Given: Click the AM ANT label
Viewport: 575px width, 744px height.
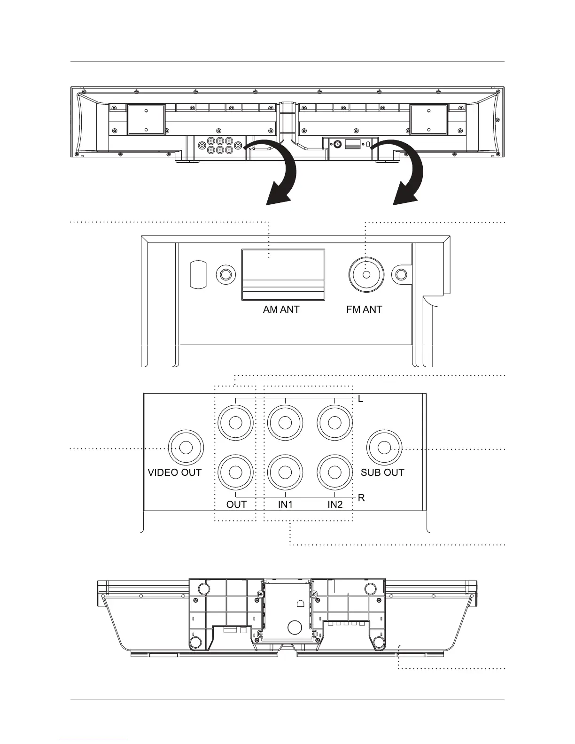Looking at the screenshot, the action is pyautogui.click(x=281, y=310).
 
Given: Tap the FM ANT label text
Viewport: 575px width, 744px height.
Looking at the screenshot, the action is pyautogui.click(x=364, y=310).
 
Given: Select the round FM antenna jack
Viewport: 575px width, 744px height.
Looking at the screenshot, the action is pyautogui.click(x=366, y=275).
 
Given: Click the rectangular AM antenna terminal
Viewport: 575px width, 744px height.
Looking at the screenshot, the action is pyautogui.click(x=283, y=274).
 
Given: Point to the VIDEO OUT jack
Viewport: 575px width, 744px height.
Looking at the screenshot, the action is pyautogui.click(x=186, y=447).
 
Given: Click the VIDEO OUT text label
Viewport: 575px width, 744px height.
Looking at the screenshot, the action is pyautogui.click(x=175, y=473).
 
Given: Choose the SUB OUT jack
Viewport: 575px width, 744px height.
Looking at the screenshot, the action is pyautogui.click(x=384, y=447).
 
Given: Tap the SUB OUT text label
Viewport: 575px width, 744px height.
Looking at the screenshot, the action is pyautogui.click(x=382, y=473).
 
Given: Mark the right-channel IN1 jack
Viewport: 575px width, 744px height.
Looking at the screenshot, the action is pyautogui.click(x=285, y=472).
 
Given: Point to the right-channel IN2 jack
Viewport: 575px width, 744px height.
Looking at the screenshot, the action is pyautogui.click(x=334, y=472).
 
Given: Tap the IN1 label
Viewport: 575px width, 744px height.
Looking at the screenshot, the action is pyautogui.click(x=285, y=504).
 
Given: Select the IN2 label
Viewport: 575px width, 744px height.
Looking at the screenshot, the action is pyautogui.click(x=335, y=504).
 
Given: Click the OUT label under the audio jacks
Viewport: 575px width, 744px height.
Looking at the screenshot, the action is pyautogui.click(x=236, y=504).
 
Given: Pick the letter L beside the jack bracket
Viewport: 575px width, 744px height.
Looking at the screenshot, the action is pyautogui.click(x=361, y=399).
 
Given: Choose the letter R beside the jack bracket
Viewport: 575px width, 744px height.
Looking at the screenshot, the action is pyautogui.click(x=361, y=498).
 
